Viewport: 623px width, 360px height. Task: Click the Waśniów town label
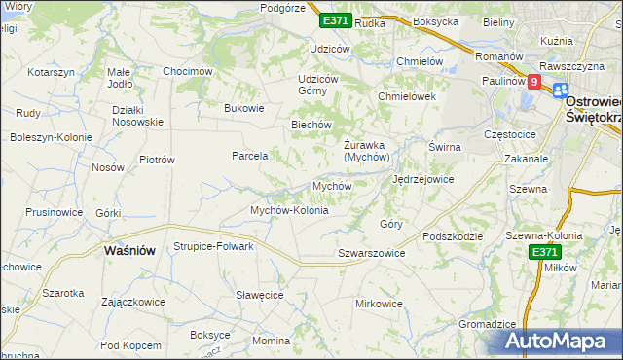tap(129, 250)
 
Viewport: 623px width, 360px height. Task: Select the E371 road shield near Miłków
tap(546, 251)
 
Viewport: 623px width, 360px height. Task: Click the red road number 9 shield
tap(534, 84)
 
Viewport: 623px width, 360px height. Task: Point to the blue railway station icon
tap(560, 90)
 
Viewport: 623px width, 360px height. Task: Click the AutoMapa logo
tap(561, 341)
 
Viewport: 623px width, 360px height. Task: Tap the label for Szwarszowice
tap(371, 253)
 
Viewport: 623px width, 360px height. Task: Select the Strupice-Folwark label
tap(213, 246)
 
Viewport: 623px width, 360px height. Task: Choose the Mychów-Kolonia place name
tap(289, 210)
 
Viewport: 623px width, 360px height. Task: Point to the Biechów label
tap(312, 125)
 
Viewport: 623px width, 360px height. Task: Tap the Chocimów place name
tap(188, 71)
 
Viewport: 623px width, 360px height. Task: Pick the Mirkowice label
tap(379, 304)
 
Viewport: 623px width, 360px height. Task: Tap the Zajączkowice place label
tap(132, 302)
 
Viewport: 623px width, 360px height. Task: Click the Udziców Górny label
tap(317, 85)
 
